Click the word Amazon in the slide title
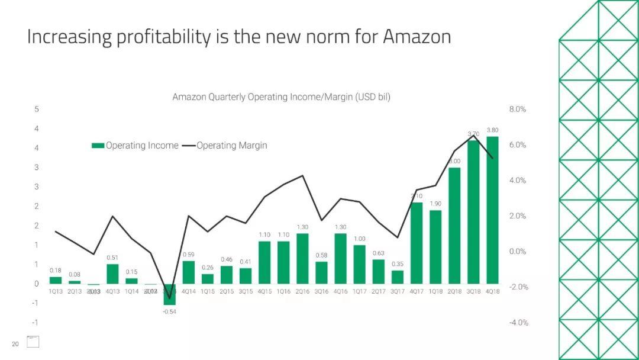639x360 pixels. tap(417, 37)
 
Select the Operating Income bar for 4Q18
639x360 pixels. tap(492, 210)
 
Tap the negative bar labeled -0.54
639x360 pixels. tap(170, 294)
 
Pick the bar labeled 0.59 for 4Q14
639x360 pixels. tap(189, 272)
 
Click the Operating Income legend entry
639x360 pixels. tap(135, 146)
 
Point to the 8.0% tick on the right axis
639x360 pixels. tap(518, 110)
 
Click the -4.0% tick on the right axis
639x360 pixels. tap(518, 323)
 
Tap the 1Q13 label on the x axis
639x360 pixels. tap(56, 292)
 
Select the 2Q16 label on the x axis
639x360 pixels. tap(302, 292)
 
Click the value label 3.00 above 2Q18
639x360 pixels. tap(454, 161)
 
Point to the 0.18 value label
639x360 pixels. tap(56, 270)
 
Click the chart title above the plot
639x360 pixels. tap(281, 97)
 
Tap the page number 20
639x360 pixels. tap(15, 344)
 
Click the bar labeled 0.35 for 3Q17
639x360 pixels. tap(398, 277)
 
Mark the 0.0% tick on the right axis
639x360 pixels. tap(518, 252)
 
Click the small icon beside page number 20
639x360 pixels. tap(33, 342)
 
